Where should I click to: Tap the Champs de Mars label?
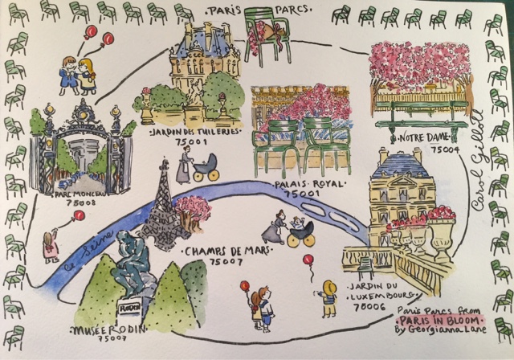tap(217, 252)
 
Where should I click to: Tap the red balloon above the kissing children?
tap(90, 32)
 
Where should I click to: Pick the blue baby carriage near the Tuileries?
tap(206, 166)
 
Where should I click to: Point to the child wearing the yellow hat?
tap(328, 297)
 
